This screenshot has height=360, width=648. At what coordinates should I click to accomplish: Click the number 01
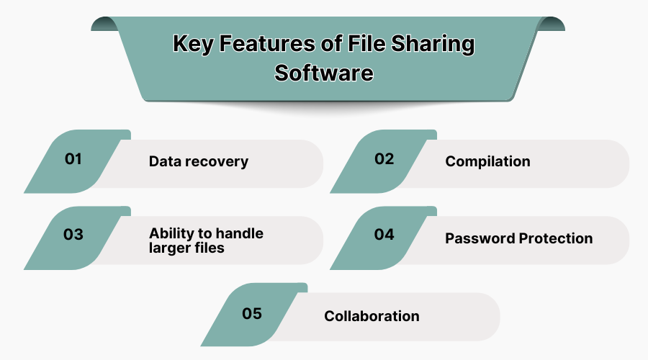[x=73, y=159]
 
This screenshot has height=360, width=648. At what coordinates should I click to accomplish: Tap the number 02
[x=384, y=159]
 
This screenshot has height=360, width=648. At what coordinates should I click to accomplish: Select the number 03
[x=73, y=235]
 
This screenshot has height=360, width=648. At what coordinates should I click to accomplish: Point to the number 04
[x=384, y=235]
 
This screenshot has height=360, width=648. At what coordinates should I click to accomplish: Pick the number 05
[x=251, y=314]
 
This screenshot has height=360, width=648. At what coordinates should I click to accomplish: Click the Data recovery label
[x=198, y=161]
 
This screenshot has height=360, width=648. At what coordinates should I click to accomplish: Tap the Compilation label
[x=487, y=161]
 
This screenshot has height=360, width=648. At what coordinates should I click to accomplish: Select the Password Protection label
[x=518, y=238]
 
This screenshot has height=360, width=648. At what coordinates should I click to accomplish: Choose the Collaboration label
[x=372, y=316]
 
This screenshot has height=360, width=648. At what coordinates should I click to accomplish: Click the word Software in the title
[x=324, y=73]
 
